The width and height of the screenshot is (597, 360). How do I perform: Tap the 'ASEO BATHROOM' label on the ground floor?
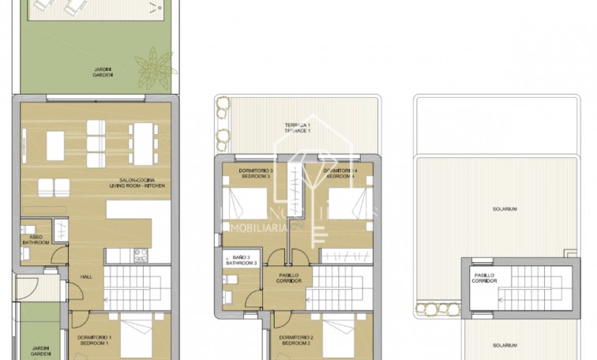coord(36,238)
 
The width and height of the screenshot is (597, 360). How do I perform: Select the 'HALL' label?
coord(86,276)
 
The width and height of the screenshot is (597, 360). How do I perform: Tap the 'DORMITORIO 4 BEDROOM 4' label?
coord(341,174)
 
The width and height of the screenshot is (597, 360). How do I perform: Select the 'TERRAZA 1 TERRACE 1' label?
coord(297,127)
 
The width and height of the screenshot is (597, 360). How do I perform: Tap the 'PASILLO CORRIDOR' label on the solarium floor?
coord(485,279)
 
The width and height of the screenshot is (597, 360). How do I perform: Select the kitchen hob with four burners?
coord(141,255)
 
